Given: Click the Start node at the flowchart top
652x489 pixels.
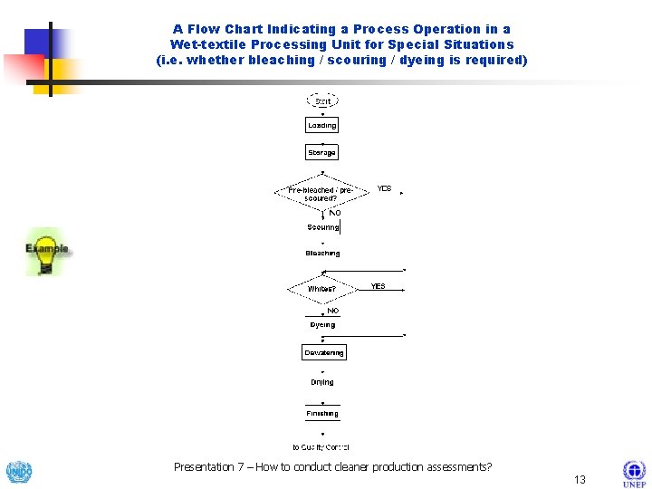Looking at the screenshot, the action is [x=322, y=101].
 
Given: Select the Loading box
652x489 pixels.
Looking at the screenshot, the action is [x=322, y=126].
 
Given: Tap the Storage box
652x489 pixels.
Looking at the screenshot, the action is [x=322, y=153].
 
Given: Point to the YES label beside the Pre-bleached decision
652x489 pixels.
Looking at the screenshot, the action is [x=384, y=189].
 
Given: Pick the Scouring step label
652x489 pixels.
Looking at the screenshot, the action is [x=323, y=227].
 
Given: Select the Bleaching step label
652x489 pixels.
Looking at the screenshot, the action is [x=323, y=254].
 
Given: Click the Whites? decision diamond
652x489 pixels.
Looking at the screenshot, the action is [x=322, y=289].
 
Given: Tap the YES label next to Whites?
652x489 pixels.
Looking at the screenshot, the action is [x=378, y=286].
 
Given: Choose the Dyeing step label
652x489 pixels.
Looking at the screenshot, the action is [x=322, y=324].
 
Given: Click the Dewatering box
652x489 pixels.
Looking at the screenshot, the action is [x=324, y=352].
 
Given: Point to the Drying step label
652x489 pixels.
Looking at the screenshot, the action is [x=322, y=382].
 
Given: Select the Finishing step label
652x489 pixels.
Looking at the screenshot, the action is [x=322, y=414].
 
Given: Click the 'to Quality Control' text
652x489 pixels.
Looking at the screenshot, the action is [x=321, y=447].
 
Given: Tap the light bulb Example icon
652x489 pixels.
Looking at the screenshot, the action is [x=46, y=252].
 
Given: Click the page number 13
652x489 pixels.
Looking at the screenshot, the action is [x=580, y=479].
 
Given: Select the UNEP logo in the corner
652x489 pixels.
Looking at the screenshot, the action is [x=634, y=473].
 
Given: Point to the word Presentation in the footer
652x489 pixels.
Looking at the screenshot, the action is [x=204, y=467].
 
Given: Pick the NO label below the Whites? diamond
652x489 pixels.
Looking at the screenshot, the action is [x=332, y=311].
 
